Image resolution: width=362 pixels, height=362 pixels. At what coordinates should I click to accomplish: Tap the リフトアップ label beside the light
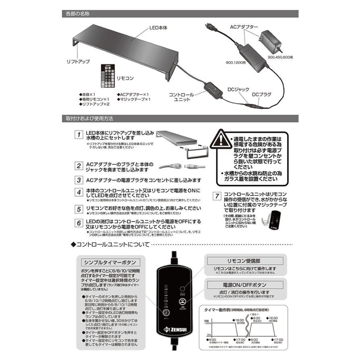pyautogui.click(x=78, y=61)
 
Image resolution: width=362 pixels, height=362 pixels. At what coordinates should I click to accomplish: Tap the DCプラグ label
pyautogui.click(x=261, y=95)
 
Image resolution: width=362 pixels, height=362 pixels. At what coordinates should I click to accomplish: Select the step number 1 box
pyautogui.click(x=80, y=134)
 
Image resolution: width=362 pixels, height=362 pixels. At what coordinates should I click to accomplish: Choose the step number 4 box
pyautogui.click(x=80, y=192)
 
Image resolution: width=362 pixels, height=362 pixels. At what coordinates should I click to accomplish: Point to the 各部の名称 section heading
pyautogui.click(x=77, y=14)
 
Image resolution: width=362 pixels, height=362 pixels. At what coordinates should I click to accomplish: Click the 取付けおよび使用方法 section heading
pyautogui.click(x=89, y=119)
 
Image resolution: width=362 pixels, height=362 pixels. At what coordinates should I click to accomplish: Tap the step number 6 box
pyautogui.click(x=80, y=222)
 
